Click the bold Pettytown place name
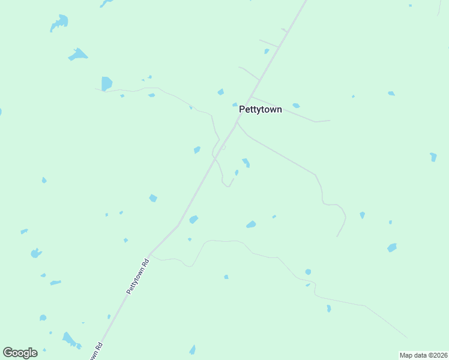pyautogui.click(x=260, y=110)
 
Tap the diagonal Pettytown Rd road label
pyautogui.click(x=137, y=276)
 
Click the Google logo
pyautogui.click(x=20, y=353)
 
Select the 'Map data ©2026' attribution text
pyautogui.click(x=423, y=355)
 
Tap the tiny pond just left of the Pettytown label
pyautogui.click(x=235, y=105)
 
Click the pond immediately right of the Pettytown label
pyautogui.click(x=296, y=106)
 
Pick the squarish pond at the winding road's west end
pyautogui.click(x=106, y=83)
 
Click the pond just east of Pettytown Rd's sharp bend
pyautogui.click(x=193, y=220)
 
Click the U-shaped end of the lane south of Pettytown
pyautogui.click(x=227, y=184)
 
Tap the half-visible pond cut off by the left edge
pyautogui.click(x=1, y=112)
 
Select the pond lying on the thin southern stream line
pyautogui.click(x=308, y=272)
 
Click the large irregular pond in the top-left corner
pyautogui.click(x=59, y=23)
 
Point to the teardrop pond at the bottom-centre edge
pyautogui.click(x=192, y=349)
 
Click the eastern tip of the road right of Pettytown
pyautogui.click(x=330, y=121)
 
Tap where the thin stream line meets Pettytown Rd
pyautogui.click(x=150, y=254)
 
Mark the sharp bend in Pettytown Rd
pyautogui.click(x=178, y=226)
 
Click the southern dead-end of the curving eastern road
pyautogui.click(x=337, y=236)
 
